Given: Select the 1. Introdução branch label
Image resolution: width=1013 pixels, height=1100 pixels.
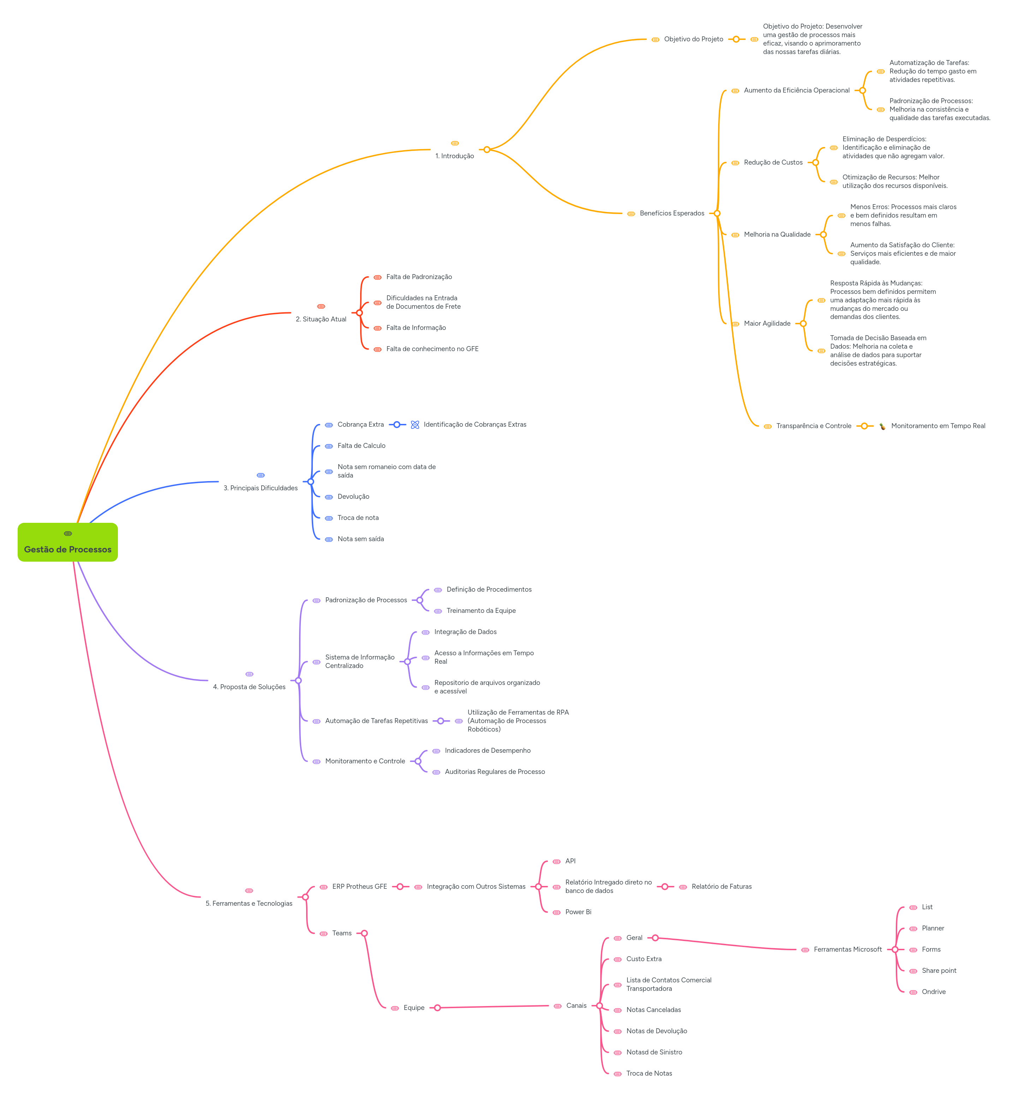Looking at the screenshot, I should coord(454,156).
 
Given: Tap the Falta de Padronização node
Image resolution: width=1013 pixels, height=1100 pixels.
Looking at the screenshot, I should coord(419,277).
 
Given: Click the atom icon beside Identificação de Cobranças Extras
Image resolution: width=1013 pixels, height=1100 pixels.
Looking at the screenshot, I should coord(415,425).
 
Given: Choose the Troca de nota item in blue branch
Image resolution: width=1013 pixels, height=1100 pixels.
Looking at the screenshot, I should coord(358,518).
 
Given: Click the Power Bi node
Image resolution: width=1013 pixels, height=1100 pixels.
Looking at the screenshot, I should coord(578,912).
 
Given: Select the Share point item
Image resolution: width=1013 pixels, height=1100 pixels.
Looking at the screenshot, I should coord(939,971).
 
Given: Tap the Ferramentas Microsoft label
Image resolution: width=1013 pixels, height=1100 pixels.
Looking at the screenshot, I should coord(847,950).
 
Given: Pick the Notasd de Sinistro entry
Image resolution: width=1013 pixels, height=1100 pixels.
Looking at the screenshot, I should coord(654,1052).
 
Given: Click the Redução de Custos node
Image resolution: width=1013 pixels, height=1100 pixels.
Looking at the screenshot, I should coord(773,163).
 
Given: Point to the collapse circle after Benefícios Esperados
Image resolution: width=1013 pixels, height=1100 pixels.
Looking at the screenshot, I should coord(717,213).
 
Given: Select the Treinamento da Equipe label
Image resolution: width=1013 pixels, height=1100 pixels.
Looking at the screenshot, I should coord(481,611).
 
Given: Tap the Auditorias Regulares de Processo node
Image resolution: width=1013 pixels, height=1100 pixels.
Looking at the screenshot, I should coord(494,772).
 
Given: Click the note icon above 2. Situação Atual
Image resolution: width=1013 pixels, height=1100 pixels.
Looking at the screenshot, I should coord(321,307).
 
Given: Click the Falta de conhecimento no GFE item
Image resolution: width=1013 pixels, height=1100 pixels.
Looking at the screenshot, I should coord(432,349).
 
